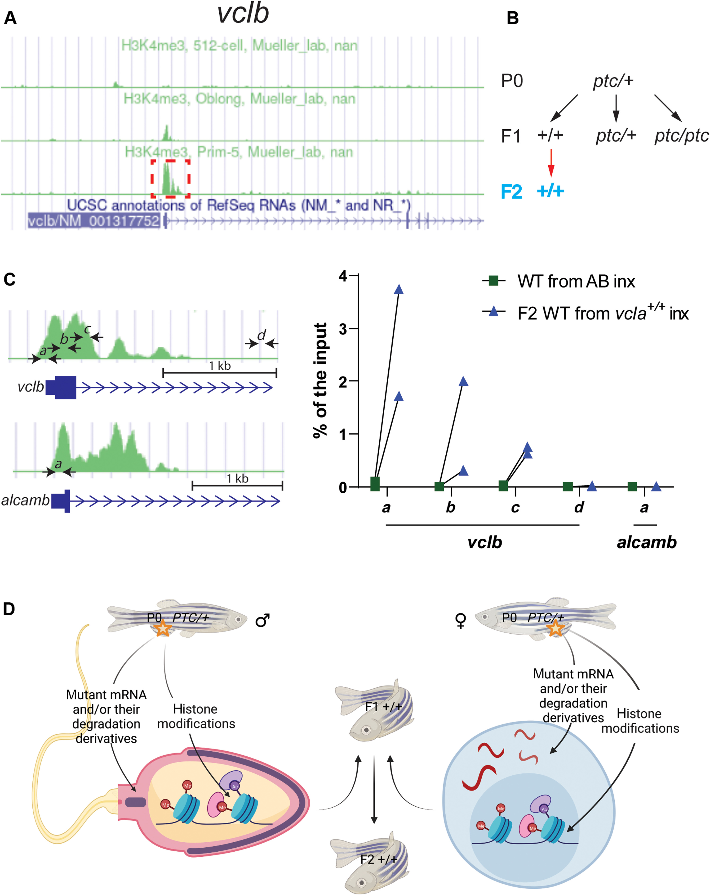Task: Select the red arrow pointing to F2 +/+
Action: pyautogui.click(x=551, y=163)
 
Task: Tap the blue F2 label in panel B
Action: pyautogui.click(x=511, y=192)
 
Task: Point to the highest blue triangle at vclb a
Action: pyautogui.click(x=399, y=289)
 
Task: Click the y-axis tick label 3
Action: pyautogui.click(x=342, y=329)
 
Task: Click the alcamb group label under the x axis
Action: pyautogui.click(x=647, y=542)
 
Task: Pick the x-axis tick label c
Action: pyautogui.click(x=515, y=507)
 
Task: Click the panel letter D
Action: pyautogui.click(x=9, y=609)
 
